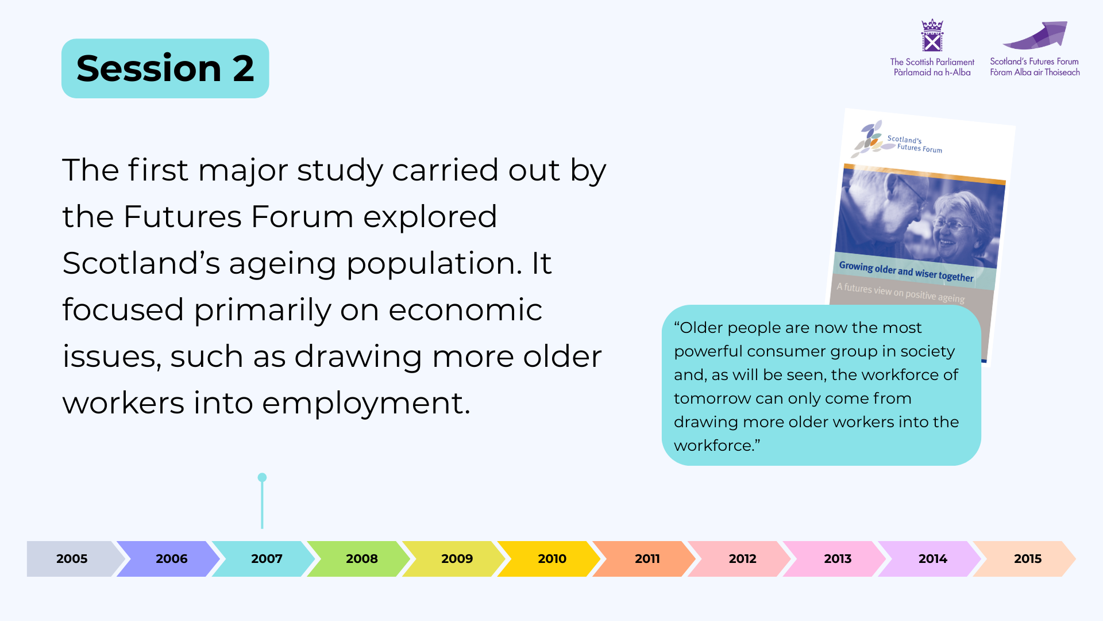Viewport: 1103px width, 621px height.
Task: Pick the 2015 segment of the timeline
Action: click(x=1025, y=558)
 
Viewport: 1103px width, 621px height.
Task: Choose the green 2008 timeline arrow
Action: click(x=360, y=558)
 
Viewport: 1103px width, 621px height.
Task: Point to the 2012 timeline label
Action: click(x=742, y=558)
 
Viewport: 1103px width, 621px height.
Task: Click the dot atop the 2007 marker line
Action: click(x=262, y=477)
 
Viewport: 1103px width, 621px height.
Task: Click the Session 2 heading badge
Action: click(x=165, y=68)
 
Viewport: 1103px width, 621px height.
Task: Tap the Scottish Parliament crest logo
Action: click(x=932, y=36)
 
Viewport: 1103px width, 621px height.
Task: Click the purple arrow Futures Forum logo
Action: click(x=1037, y=36)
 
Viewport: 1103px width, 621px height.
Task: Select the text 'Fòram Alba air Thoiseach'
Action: click(x=1035, y=72)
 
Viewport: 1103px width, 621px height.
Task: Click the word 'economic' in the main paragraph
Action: click(x=465, y=310)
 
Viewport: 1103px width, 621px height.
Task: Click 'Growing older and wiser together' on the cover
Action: click(x=906, y=271)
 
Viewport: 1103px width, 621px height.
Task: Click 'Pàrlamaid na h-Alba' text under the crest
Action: click(x=932, y=72)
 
